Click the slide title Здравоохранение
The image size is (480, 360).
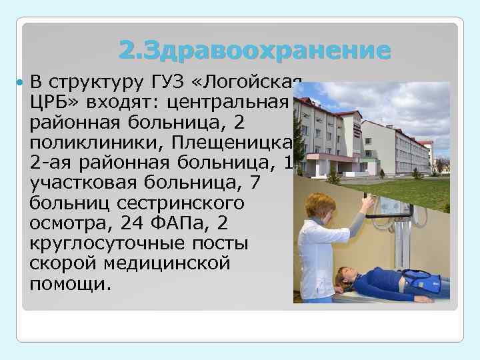tap(254, 50)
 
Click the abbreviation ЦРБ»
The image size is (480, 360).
tap(53, 103)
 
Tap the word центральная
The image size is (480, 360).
tap(227, 103)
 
